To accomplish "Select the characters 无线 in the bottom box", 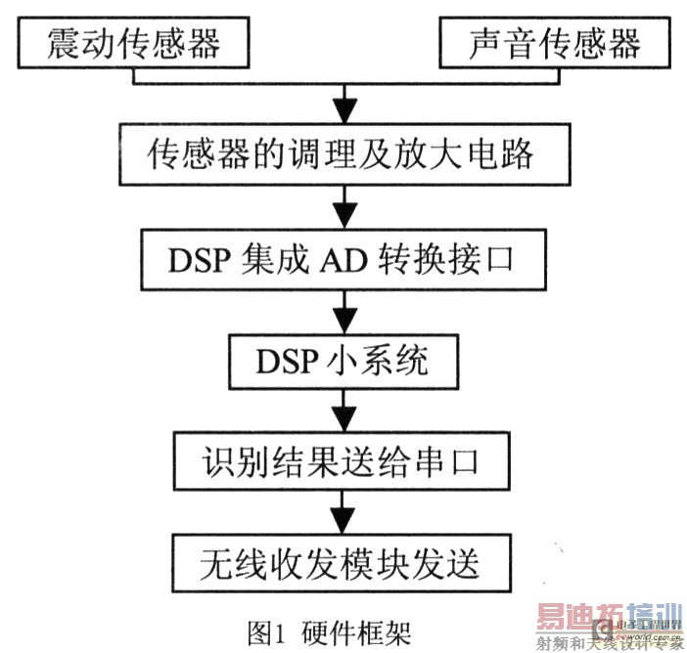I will click(x=223, y=562).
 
